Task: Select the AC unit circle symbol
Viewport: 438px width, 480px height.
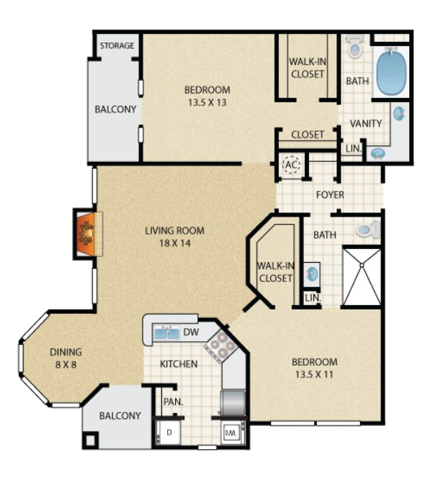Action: coord(291,165)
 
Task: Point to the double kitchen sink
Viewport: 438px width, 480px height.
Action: coord(167,332)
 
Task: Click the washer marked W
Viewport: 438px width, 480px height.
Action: coord(232,433)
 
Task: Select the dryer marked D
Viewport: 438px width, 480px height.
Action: coord(169,433)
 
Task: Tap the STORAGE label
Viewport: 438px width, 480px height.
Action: coord(117,45)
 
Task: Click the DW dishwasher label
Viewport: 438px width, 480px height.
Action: coord(191,332)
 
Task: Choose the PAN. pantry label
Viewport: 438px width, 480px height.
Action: coord(173,402)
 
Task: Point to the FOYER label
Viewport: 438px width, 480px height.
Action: coord(330,195)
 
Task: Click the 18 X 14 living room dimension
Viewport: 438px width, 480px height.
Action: coord(175,243)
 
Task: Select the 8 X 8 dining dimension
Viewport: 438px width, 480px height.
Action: coord(66,365)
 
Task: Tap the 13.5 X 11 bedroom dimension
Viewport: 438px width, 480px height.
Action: coord(314,374)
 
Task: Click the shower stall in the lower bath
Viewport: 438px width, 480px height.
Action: coord(362,277)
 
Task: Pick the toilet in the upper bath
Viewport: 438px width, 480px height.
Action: coord(354,46)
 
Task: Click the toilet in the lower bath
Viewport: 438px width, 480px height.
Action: coord(368,229)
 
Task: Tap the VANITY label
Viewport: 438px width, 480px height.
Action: coord(366,123)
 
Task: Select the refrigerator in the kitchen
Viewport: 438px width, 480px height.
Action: coord(233,402)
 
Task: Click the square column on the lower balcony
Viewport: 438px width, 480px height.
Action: coord(91,440)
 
